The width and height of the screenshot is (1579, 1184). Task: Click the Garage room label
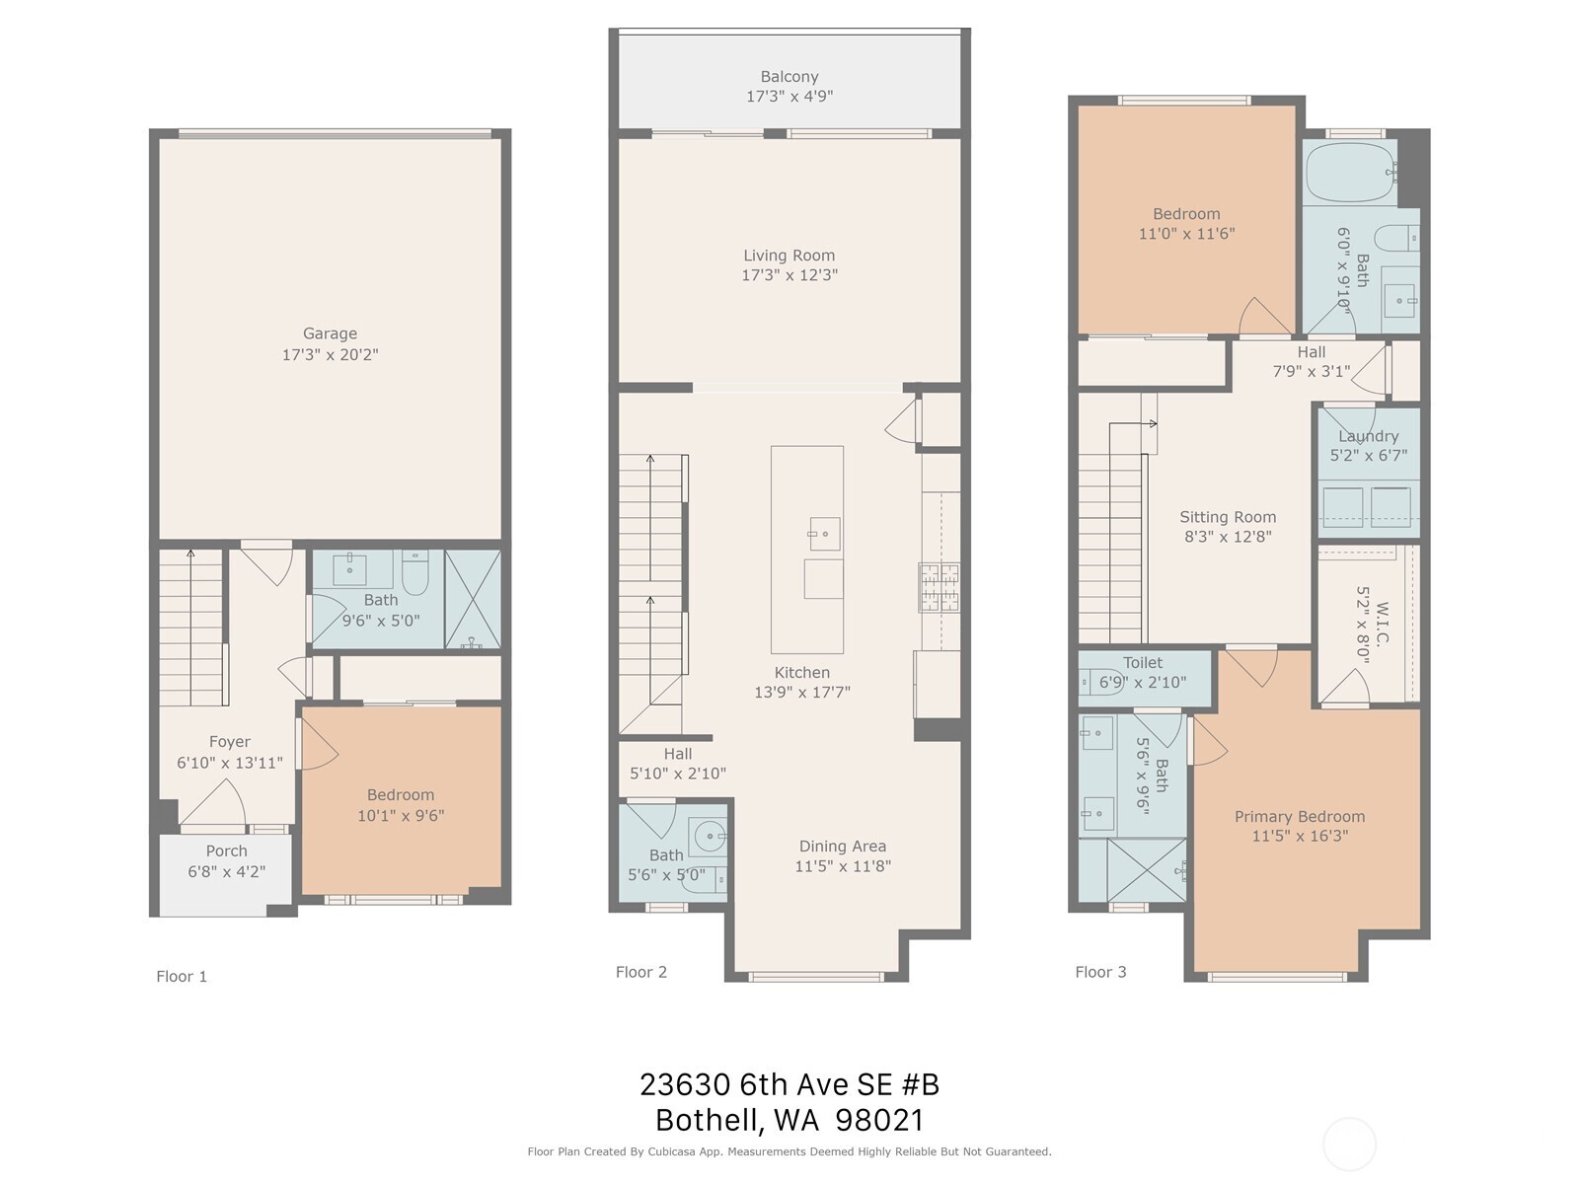point(330,333)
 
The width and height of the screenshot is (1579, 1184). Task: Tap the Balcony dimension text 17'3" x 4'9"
point(789,97)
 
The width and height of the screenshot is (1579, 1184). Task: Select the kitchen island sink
point(824,534)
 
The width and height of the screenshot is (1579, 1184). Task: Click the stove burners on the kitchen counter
point(940,586)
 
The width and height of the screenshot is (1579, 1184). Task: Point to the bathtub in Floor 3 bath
point(1349,173)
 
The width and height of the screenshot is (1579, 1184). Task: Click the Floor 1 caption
point(182,976)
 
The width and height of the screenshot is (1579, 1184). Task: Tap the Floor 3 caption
point(1100,972)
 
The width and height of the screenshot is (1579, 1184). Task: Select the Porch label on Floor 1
point(226,851)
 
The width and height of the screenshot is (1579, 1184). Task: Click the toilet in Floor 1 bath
point(414,572)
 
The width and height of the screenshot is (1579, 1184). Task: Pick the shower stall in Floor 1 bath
point(473,599)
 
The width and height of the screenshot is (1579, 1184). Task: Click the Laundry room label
point(1368,436)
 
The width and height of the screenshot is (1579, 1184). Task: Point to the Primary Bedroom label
point(1299,816)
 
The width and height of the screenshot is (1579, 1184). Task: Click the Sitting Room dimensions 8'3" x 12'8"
point(1228,537)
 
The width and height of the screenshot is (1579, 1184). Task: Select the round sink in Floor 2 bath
point(710,837)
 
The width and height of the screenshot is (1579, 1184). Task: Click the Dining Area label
point(842,846)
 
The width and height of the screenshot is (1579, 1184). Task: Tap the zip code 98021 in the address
point(879,1120)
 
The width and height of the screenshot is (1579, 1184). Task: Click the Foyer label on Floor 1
point(229,742)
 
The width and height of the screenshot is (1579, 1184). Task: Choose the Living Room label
point(789,256)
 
